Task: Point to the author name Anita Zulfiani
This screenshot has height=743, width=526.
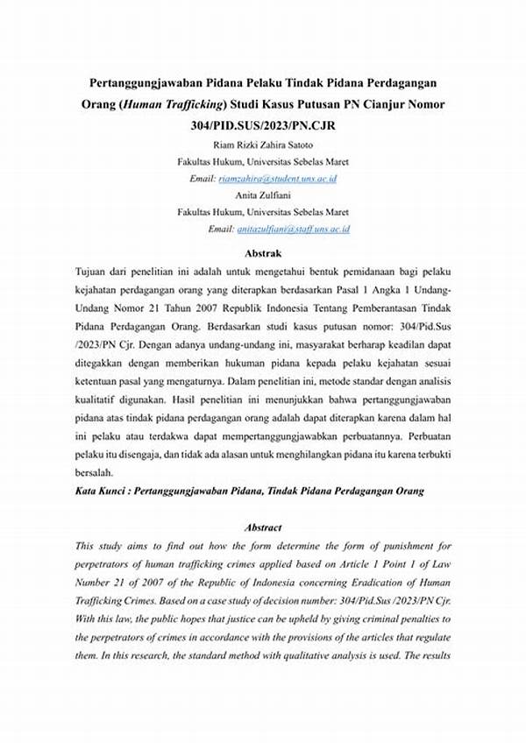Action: (263, 195)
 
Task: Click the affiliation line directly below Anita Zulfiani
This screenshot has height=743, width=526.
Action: (263, 212)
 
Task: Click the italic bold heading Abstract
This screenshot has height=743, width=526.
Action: (263, 527)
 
